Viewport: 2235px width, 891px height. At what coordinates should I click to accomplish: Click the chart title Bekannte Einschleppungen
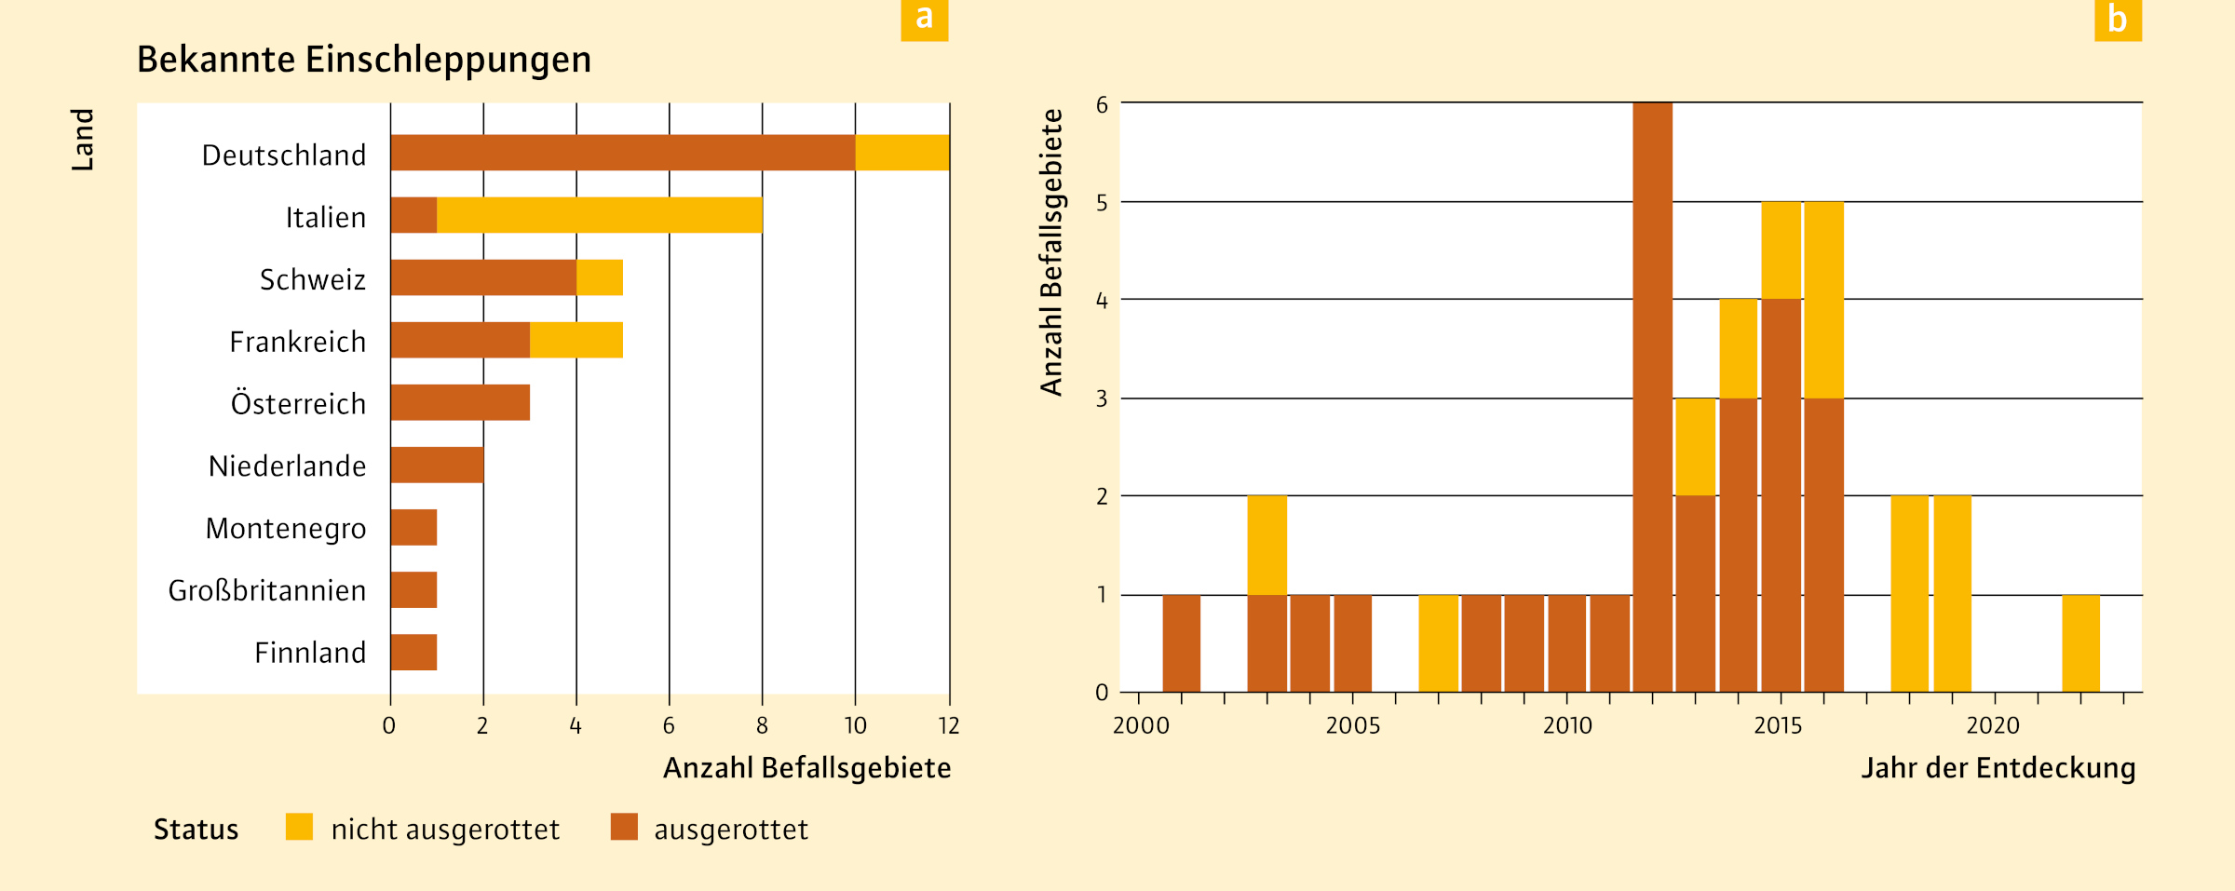(363, 60)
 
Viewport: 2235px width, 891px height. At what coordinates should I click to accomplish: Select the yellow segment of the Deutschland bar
(901, 153)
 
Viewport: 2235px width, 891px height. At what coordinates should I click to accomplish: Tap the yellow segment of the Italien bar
(600, 215)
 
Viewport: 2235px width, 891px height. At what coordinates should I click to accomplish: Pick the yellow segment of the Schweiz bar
(600, 277)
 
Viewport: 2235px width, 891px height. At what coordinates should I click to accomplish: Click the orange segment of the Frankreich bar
(460, 340)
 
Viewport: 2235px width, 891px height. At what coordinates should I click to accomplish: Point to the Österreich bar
(460, 402)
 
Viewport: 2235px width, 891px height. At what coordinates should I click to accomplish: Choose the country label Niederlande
(287, 466)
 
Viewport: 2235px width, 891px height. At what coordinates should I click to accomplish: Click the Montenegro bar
(413, 527)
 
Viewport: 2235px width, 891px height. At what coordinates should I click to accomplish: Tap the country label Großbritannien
(266, 590)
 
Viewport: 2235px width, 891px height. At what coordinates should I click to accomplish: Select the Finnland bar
(413, 652)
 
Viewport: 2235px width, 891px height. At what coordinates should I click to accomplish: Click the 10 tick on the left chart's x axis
(855, 725)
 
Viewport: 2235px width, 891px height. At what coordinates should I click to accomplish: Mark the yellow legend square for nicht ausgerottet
(299, 827)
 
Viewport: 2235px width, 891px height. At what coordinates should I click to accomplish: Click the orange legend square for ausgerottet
(624, 827)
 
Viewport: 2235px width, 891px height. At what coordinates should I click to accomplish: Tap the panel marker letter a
(924, 19)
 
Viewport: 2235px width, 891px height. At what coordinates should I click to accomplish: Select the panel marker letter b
(2118, 19)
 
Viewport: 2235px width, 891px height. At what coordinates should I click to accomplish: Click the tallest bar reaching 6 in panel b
(1652, 396)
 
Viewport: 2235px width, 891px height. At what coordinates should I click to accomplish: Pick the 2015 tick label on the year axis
(1778, 725)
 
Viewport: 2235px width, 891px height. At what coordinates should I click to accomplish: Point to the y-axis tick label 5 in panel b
(1102, 203)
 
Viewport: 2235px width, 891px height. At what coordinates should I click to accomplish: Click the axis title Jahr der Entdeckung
(1998, 768)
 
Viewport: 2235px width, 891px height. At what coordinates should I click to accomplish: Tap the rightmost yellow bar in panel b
(2080, 643)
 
